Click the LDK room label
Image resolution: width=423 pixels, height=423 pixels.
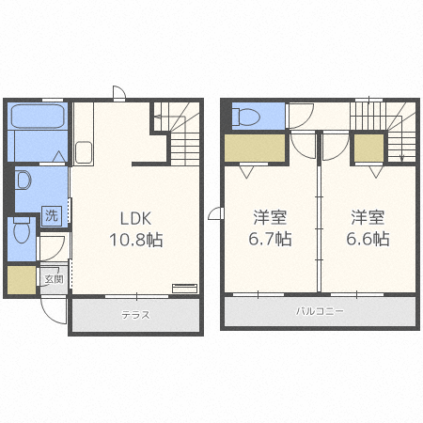click(x=135, y=218)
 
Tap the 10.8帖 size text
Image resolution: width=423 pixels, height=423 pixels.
click(x=136, y=240)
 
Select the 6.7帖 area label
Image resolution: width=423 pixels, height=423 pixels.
click(x=270, y=239)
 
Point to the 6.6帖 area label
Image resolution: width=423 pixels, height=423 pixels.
click(x=368, y=239)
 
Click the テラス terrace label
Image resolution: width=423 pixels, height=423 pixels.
click(x=135, y=314)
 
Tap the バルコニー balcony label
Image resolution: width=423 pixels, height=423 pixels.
click(x=320, y=311)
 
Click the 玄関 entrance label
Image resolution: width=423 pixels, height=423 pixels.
click(x=54, y=279)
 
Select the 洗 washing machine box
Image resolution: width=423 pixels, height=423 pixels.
click(x=52, y=215)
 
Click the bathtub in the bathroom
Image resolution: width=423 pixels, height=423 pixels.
click(x=38, y=116)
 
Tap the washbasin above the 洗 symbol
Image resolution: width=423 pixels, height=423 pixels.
click(x=23, y=180)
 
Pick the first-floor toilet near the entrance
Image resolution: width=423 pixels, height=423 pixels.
click(x=22, y=229)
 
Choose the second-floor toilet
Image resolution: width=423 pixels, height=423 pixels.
click(x=246, y=117)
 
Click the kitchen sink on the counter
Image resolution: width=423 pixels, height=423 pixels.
click(x=84, y=152)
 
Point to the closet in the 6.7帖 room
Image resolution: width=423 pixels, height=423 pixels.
click(x=255, y=149)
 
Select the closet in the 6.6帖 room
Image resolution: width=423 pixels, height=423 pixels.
click(x=368, y=149)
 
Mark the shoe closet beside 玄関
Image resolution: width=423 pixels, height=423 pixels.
click(x=22, y=280)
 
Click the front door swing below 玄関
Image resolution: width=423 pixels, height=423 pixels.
click(x=54, y=310)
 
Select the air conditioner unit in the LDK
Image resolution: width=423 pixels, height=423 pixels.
click(x=184, y=289)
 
